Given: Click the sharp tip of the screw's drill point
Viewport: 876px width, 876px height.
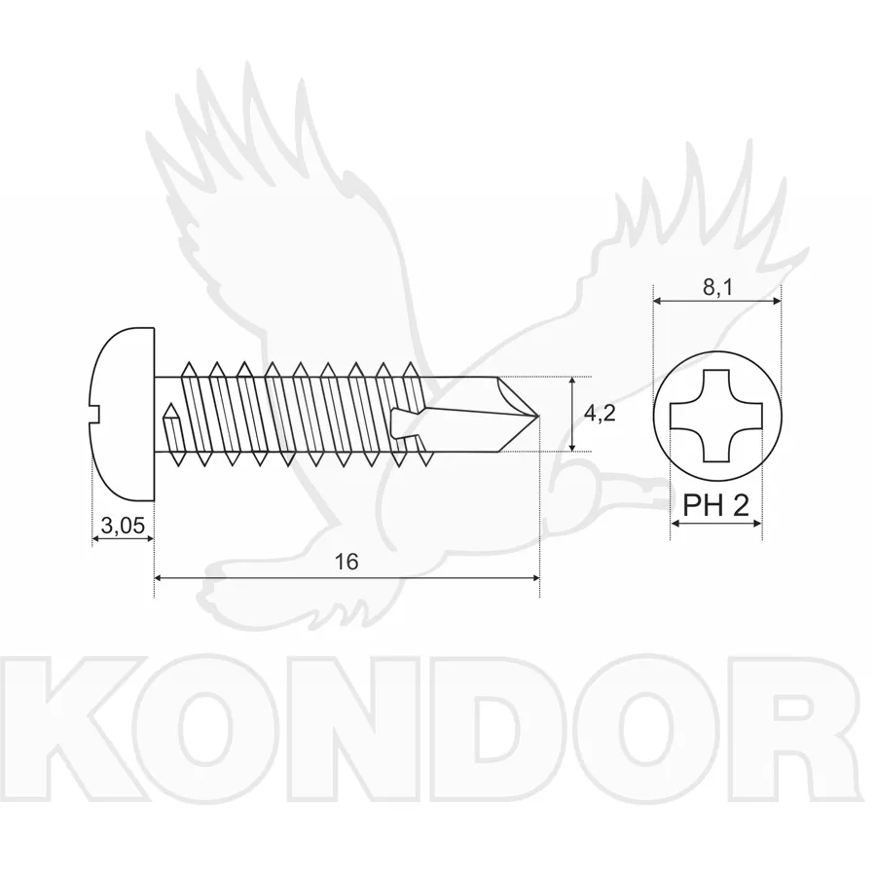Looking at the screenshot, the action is coord(538,416).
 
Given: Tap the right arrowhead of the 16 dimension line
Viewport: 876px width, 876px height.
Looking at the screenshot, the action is coord(535,577).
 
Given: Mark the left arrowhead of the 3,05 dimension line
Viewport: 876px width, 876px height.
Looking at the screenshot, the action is coord(96,538).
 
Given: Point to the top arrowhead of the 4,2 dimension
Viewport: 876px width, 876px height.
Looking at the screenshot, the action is coord(571,383).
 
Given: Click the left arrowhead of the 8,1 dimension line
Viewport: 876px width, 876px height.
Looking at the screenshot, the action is coord(659,301).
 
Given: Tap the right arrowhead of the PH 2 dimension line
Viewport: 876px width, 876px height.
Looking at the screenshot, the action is coord(756,524).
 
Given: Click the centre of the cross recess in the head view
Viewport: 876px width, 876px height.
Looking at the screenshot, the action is coord(716,416).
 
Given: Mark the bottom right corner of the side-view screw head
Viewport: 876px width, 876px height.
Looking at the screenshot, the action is coord(154,500).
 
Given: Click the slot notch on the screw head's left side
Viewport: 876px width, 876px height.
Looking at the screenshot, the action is coord(94,416).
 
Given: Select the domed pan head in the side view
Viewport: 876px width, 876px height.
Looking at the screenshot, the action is coord(123,414).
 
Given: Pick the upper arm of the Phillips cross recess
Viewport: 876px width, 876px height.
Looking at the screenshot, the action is coord(716,386).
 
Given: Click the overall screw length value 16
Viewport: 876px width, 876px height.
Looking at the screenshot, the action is coord(347,562).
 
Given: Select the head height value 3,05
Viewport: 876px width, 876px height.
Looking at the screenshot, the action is coord(123,526).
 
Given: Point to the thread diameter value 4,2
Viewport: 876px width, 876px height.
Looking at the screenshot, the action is coord(600,414).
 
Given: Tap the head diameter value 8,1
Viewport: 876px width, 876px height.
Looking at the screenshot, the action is coord(717,288).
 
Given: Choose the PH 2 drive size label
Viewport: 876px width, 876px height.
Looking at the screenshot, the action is coord(715,505).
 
